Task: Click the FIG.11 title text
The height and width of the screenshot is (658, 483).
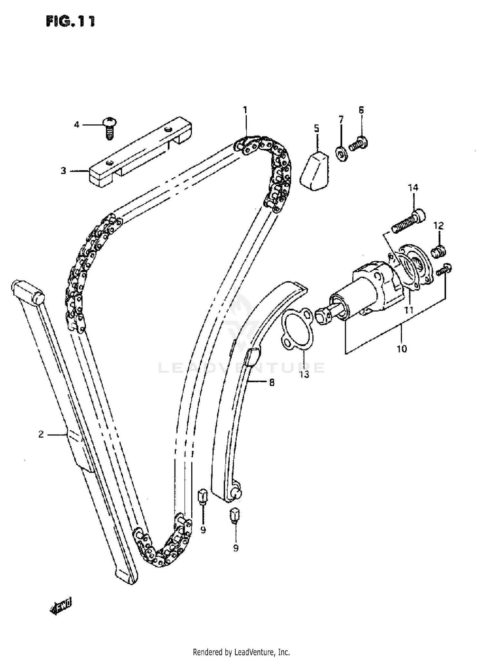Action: (x=71, y=21)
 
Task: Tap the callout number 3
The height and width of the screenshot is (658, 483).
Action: (x=63, y=171)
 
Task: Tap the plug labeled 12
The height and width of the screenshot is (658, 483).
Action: (x=439, y=251)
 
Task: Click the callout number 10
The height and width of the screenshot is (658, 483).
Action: (x=402, y=348)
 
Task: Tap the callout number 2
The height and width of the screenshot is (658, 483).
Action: (x=41, y=434)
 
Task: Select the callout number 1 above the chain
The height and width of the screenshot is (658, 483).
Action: (x=245, y=110)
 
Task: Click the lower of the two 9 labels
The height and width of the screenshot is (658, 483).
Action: (x=236, y=548)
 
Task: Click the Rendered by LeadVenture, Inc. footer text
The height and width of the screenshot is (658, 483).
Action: (x=241, y=652)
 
